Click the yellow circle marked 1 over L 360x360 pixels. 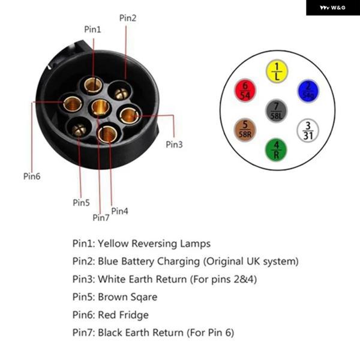click(x=277, y=71)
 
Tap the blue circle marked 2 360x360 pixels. click(x=308, y=91)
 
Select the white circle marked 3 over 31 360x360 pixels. click(x=308, y=130)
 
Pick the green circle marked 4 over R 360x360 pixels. click(x=276, y=149)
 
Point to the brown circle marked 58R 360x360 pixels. click(x=245, y=130)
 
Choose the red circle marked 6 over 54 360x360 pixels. click(x=245, y=90)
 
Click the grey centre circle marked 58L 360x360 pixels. click(x=276, y=111)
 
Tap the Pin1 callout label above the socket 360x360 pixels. click(x=92, y=29)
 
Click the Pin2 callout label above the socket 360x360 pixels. click(x=128, y=18)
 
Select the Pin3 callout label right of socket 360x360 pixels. click(x=174, y=145)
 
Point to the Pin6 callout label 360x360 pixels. click(x=32, y=176)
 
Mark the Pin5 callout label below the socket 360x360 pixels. click(x=81, y=203)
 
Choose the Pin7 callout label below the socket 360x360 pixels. click(x=101, y=217)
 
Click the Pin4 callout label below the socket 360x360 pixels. click(x=119, y=211)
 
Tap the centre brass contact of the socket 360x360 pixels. click(x=100, y=107)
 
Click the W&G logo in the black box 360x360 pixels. click(x=332, y=8)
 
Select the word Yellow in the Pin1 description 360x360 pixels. click(x=113, y=244)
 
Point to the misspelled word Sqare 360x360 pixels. click(x=142, y=297)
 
